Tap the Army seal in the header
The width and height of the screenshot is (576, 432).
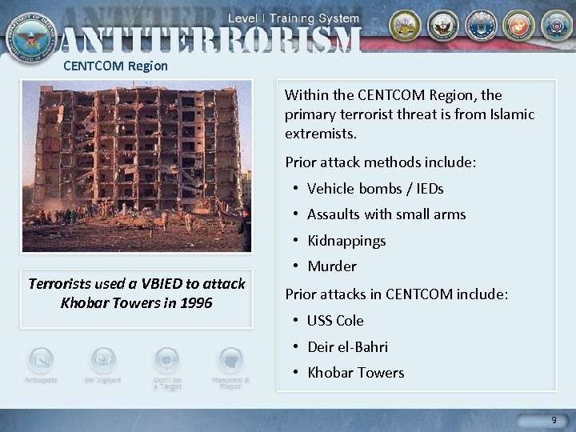click(405, 26)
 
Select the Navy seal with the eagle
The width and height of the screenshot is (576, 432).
click(442, 26)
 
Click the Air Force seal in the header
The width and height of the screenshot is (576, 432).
click(481, 26)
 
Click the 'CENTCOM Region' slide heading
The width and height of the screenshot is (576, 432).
click(116, 66)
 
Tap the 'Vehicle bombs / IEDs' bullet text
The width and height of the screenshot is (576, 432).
click(375, 189)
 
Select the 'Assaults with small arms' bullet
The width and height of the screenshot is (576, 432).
click(386, 214)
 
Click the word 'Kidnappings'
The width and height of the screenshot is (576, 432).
click(346, 241)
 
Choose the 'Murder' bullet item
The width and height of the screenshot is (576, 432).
click(332, 266)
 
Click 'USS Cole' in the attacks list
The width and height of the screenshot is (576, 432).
click(335, 321)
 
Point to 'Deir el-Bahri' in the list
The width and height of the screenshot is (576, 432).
click(348, 347)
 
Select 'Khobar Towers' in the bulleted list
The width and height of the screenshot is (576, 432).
click(356, 373)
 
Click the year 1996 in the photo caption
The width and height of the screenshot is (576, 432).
click(196, 303)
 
